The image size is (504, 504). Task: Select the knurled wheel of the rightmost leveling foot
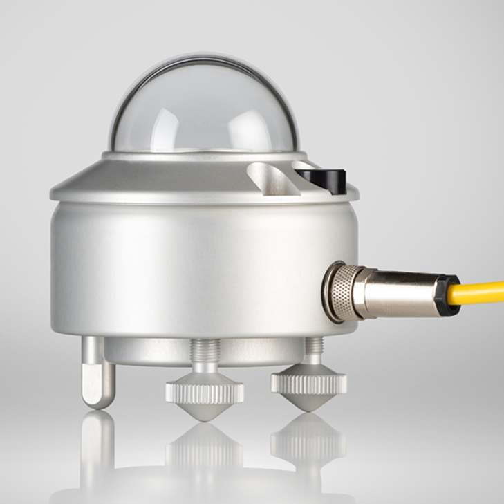pyautogui.click(x=308, y=380)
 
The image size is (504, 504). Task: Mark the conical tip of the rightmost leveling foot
pyautogui.click(x=308, y=400)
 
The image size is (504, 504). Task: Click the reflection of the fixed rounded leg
pyautogui.click(x=97, y=442)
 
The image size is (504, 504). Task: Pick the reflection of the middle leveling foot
pyautogui.click(x=205, y=449)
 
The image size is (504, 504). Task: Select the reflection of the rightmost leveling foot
pyautogui.click(x=308, y=439)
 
